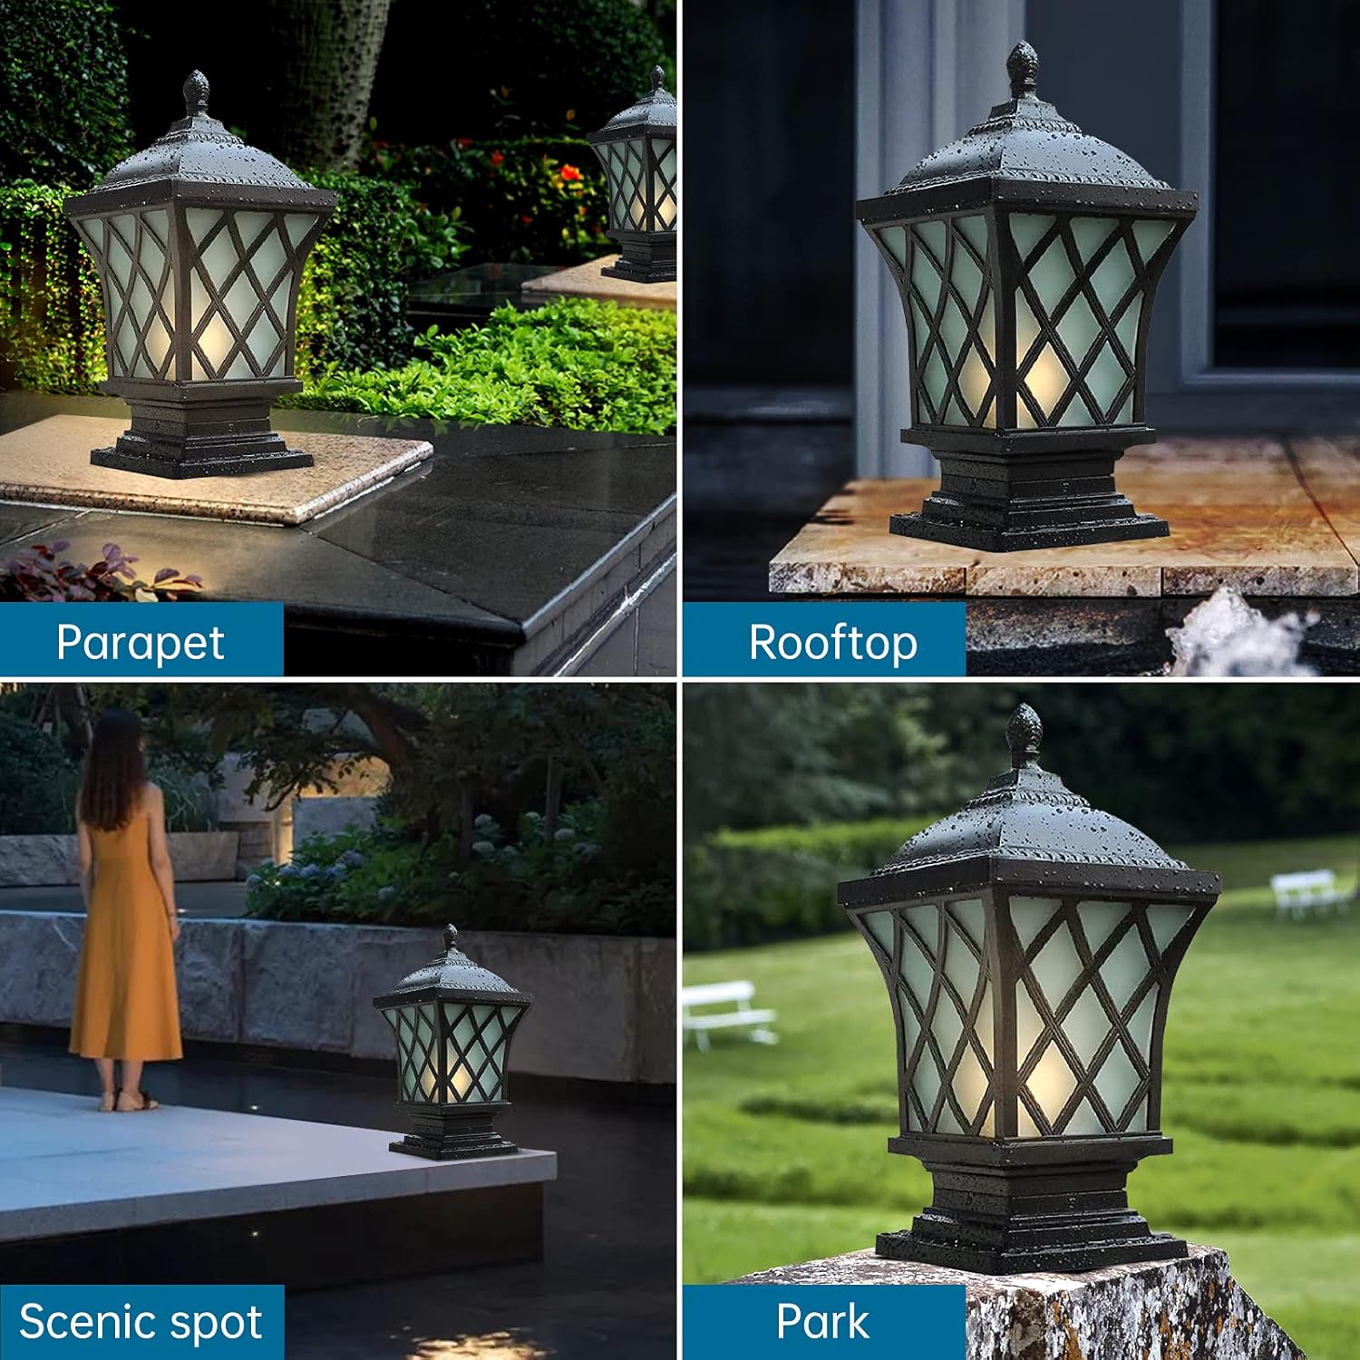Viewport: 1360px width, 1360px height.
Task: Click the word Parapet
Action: tap(140, 643)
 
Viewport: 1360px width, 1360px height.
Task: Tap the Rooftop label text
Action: tap(832, 643)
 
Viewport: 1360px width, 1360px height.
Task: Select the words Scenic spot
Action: tap(141, 1321)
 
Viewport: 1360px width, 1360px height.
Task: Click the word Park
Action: tap(822, 1321)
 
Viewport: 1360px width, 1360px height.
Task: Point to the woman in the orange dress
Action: tap(125, 925)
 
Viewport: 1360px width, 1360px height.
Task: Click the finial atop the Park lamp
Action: tap(1025, 734)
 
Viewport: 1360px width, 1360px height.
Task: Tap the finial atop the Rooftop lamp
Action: tap(1023, 68)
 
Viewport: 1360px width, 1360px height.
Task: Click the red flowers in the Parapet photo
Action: tap(569, 172)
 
